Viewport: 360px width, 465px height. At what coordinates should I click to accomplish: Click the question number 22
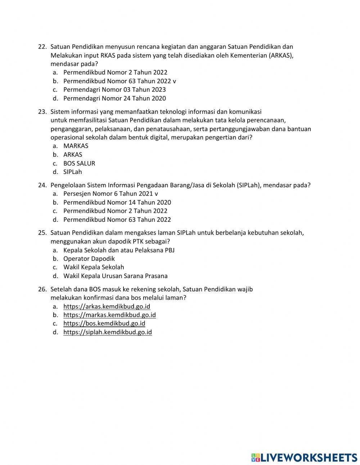click(x=42, y=47)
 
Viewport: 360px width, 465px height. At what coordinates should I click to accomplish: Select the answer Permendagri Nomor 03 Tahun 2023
click(x=114, y=90)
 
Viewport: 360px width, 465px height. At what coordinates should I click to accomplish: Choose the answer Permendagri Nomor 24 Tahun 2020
click(x=114, y=98)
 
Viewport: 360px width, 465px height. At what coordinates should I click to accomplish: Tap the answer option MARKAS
click(x=76, y=146)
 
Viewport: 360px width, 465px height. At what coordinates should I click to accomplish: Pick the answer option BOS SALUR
click(x=79, y=163)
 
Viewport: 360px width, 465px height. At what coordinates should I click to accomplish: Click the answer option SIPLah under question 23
click(x=72, y=172)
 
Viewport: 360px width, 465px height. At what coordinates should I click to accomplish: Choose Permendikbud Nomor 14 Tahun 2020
click(x=117, y=202)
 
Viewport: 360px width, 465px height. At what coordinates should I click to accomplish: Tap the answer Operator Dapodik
click(x=89, y=259)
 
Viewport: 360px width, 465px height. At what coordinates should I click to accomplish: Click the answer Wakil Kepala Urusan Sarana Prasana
click(x=115, y=276)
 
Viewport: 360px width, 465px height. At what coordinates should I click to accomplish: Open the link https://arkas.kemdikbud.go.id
click(x=107, y=307)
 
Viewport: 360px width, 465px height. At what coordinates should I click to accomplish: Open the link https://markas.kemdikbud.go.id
click(x=109, y=315)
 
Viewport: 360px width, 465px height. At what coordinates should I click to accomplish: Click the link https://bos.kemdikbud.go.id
click(x=104, y=323)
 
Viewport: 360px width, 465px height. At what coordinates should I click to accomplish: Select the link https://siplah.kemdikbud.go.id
click(x=107, y=332)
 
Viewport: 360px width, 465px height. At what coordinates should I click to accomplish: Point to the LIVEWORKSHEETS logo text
click(x=308, y=457)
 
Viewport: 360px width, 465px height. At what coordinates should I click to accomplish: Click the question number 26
click(x=42, y=289)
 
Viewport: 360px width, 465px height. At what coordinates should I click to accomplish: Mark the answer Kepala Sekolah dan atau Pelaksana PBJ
click(x=119, y=250)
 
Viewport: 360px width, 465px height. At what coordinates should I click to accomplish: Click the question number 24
click(x=42, y=185)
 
